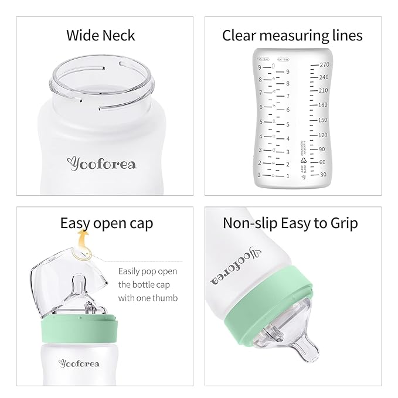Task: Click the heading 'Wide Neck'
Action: coord(100,35)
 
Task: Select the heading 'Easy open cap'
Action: coord(106,223)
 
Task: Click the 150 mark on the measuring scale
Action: coord(322,120)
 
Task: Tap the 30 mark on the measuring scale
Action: coord(322,174)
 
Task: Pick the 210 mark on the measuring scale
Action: coord(322,91)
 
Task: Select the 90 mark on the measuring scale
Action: coord(322,149)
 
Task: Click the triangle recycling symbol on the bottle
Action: coord(304,159)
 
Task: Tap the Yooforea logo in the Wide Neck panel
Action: coord(101,164)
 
